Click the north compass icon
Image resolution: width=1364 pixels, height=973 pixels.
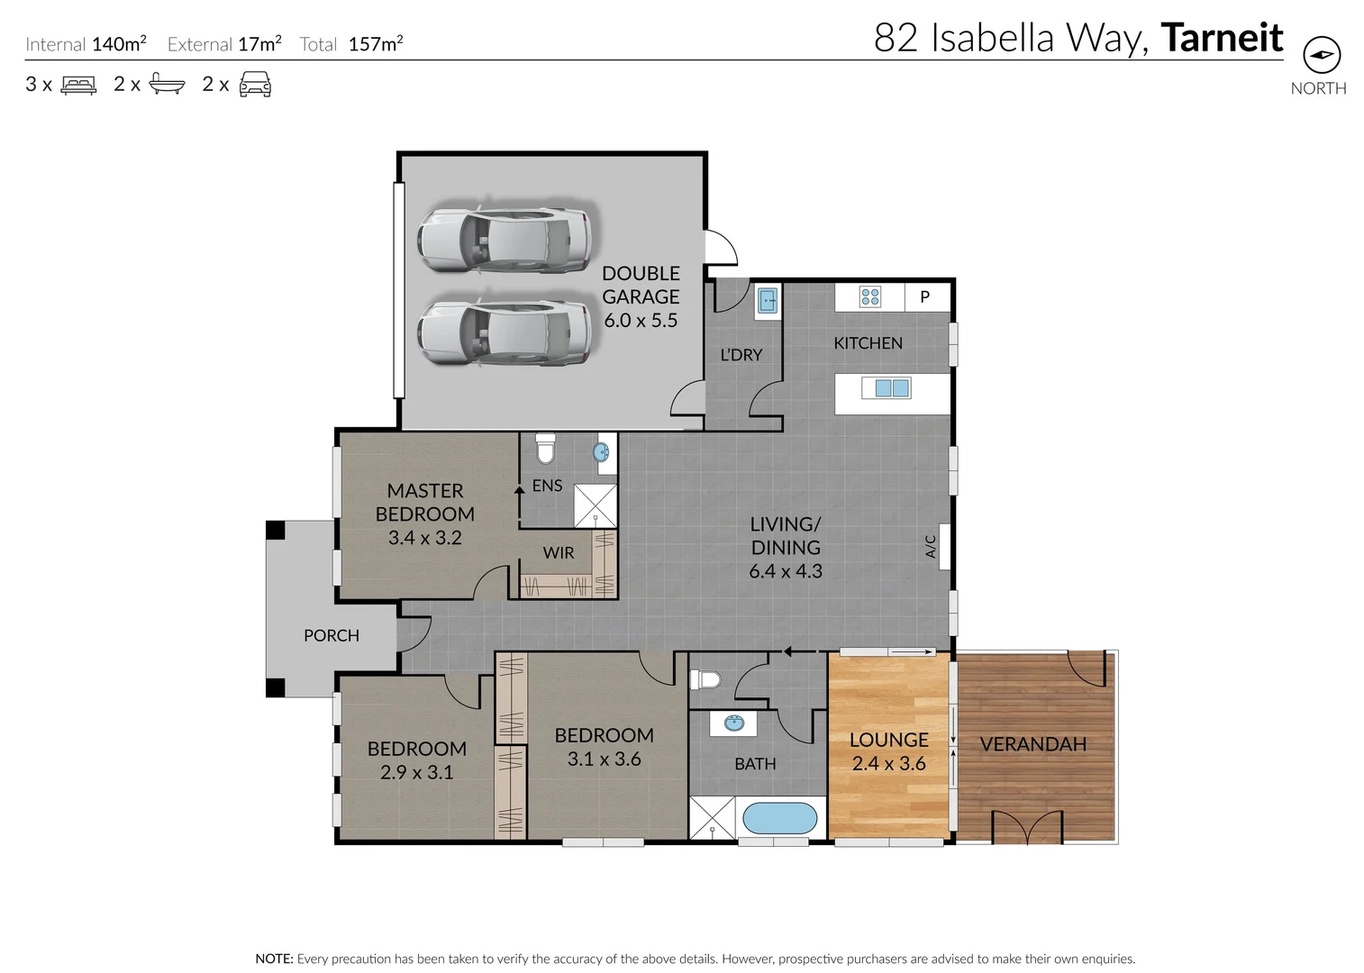[1321, 55]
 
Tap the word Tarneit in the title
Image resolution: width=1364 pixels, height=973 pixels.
[1222, 38]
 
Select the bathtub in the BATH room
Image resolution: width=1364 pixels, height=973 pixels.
[780, 819]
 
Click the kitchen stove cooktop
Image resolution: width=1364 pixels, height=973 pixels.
[869, 296]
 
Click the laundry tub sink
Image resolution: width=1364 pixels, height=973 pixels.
[768, 300]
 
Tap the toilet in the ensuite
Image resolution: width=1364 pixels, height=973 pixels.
[545, 448]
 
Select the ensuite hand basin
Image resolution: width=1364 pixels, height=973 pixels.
[602, 452]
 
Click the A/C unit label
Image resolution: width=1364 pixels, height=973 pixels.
[932, 546]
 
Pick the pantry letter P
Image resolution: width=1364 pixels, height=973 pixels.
[924, 296]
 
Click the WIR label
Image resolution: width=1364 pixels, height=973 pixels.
[558, 553]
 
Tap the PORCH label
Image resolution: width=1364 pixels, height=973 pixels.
[332, 636]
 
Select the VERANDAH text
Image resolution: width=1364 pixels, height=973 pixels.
[1032, 744]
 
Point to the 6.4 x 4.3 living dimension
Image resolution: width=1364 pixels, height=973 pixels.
[785, 571]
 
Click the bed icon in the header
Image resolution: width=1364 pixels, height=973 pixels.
[78, 85]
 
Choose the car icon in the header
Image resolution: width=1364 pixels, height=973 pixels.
[255, 85]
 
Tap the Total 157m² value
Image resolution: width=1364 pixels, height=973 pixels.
[375, 44]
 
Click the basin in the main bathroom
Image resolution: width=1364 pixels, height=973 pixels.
[733, 723]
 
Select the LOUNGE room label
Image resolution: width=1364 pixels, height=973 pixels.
[888, 740]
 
